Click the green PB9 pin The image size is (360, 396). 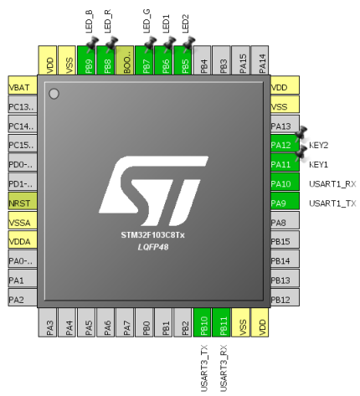click(89, 62)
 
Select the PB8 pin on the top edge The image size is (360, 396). click(108, 62)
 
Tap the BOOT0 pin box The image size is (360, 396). click(127, 62)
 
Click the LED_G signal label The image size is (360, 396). click(147, 23)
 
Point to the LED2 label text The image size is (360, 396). click(186, 23)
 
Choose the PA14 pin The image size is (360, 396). click(262, 62)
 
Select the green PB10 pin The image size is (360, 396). click(204, 324)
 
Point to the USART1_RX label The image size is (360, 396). click(332, 183)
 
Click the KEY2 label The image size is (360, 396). click(318, 145)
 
